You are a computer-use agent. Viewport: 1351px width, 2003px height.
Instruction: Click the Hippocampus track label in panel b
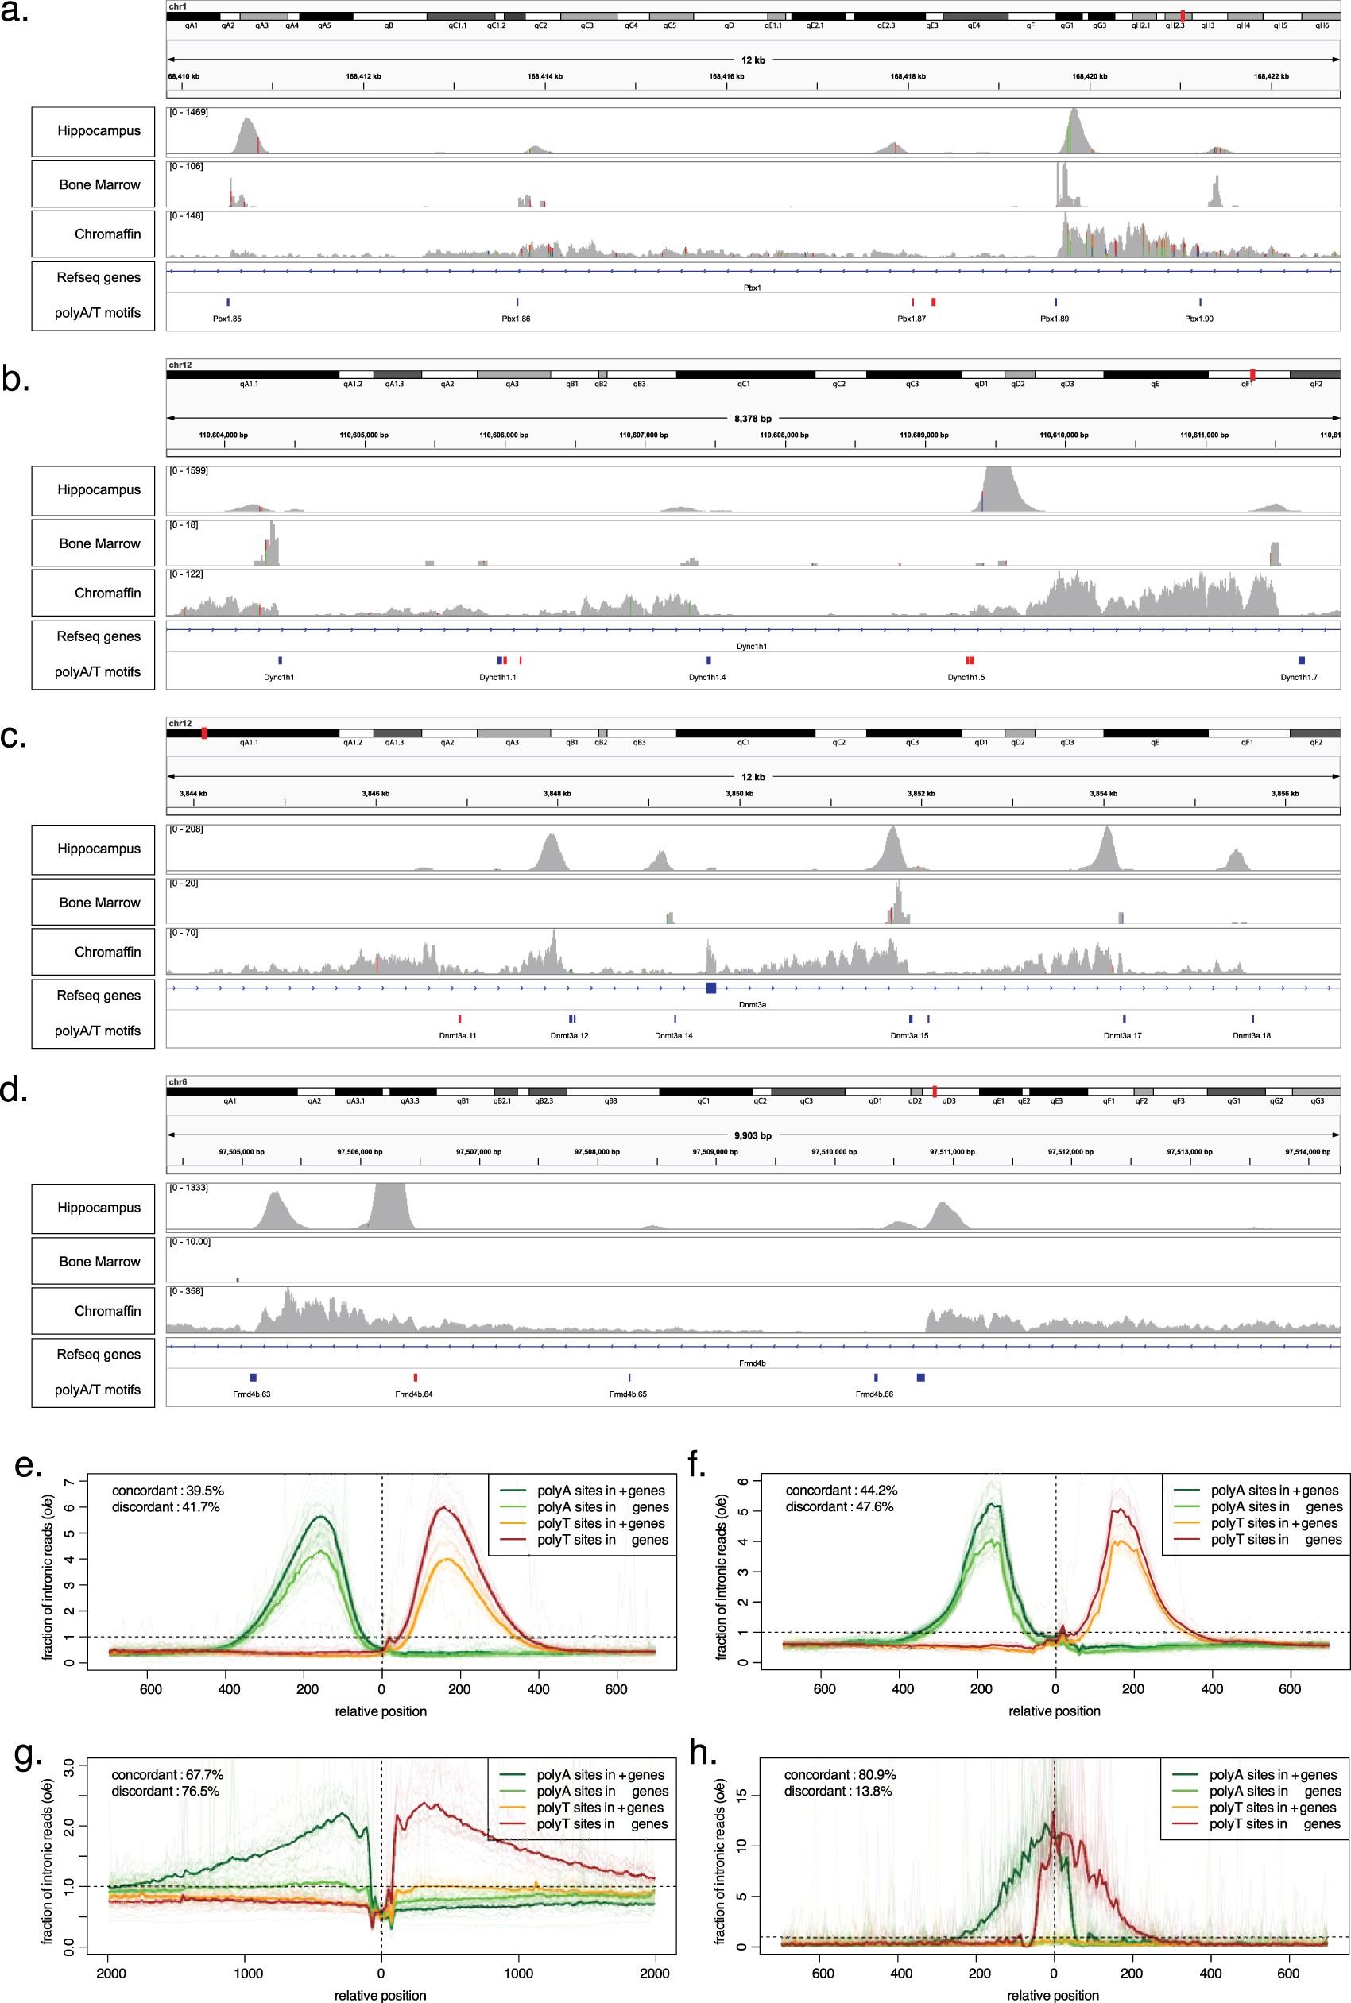99,489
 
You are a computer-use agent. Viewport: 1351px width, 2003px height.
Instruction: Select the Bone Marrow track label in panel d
99,1261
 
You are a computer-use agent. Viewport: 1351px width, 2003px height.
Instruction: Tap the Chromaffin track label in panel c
106,952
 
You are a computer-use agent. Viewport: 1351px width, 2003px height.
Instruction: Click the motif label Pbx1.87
911,319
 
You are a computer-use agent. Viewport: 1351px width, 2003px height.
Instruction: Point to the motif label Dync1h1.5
966,677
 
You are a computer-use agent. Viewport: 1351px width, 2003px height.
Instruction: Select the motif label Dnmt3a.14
673,1035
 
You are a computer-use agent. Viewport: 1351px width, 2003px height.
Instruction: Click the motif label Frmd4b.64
413,1394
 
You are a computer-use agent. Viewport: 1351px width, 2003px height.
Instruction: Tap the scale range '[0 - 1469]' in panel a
188,112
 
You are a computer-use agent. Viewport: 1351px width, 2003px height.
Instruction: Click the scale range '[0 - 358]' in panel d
185,1290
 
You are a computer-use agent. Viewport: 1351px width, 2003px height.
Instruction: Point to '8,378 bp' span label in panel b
752,419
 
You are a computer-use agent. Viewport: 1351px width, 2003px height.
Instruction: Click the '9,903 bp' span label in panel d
752,1135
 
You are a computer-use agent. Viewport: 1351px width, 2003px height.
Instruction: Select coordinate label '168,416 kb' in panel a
726,77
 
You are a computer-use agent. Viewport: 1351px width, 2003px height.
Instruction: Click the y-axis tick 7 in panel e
70,1482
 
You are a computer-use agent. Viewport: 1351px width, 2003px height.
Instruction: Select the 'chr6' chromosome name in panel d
177,1081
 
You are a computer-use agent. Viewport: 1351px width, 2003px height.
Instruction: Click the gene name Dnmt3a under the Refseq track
752,1004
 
